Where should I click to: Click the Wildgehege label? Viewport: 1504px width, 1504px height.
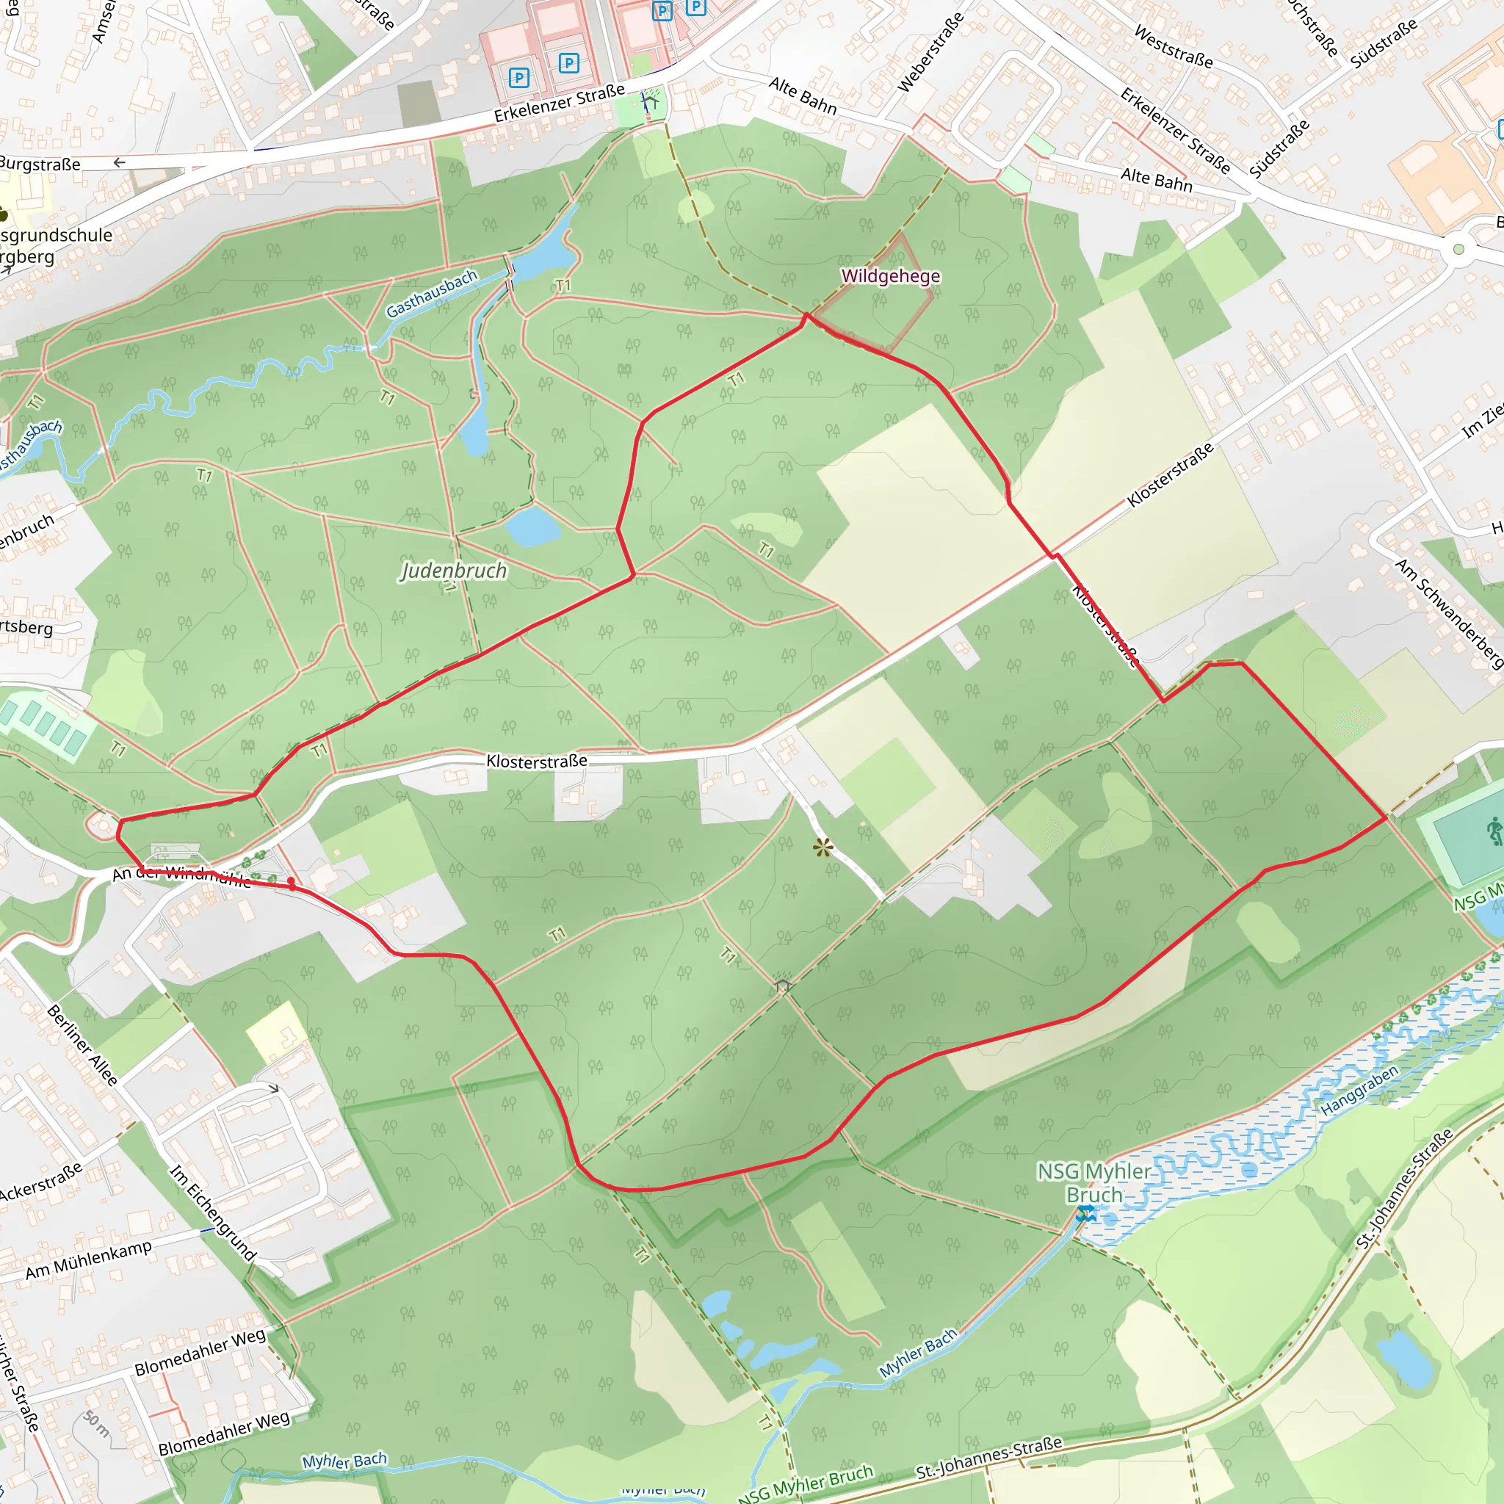click(891, 276)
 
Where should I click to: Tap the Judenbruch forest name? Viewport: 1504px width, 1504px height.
click(453, 571)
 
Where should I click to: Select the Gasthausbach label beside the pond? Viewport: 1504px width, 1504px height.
click(431, 294)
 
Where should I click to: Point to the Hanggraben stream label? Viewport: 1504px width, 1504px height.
click(1359, 1090)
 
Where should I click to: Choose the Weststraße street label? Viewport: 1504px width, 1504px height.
click(1173, 47)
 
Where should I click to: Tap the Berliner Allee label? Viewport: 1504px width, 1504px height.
click(82, 1045)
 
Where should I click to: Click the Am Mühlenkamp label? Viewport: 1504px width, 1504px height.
click(88, 1259)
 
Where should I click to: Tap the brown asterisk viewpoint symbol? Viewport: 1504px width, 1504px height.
click(822, 847)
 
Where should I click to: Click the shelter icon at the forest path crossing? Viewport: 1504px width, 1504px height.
click(783, 986)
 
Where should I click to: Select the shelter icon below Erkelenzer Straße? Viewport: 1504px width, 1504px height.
click(649, 101)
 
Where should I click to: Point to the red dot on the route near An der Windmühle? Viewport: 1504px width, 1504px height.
click(291, 882)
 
